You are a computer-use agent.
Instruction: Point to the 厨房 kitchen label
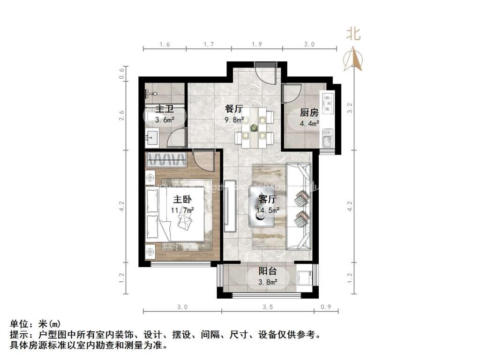pos(309,112)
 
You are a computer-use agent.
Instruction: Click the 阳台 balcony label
pos(268,271)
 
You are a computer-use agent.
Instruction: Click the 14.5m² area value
pos(268,210)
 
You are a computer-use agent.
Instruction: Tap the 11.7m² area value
pos(182,210)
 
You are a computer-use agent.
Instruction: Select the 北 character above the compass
pos(353,34)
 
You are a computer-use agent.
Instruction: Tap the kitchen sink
pos(327,138)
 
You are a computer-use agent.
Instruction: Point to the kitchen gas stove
pos(327,100)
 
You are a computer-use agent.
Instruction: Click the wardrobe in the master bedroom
pos(166,160)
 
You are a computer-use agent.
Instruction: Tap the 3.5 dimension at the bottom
pos(268,307)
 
